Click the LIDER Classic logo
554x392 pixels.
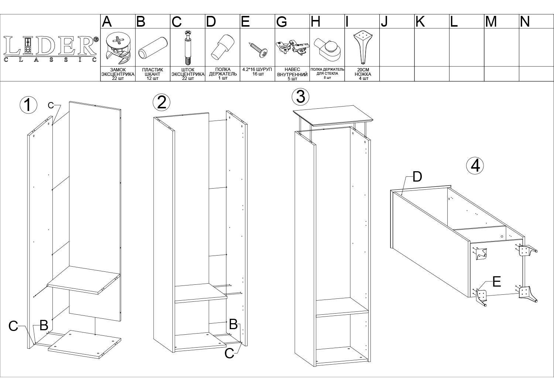51,49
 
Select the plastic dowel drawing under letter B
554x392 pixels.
153,48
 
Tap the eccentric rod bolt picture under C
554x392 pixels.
188,47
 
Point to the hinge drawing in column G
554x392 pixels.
292,47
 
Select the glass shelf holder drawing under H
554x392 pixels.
327,50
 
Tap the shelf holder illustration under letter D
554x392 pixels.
222,47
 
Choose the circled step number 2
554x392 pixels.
161,102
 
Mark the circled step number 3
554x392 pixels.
301,97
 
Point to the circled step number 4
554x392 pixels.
475,166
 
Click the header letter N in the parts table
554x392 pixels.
525,22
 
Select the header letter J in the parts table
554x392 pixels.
384,22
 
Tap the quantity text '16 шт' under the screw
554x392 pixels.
258,74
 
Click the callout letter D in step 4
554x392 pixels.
417,177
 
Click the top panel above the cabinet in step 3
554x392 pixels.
333,115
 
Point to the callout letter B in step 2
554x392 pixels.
233,324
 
